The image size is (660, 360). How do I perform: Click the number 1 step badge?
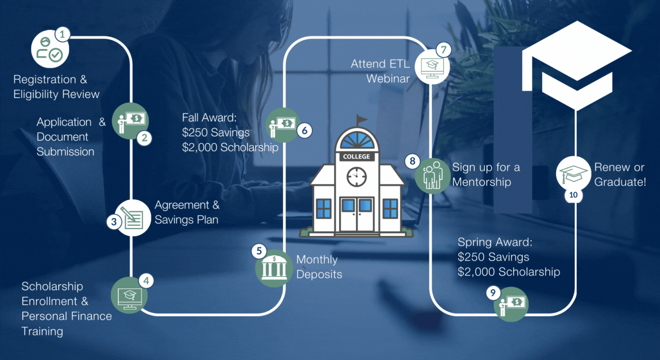62,34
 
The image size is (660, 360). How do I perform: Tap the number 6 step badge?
305,130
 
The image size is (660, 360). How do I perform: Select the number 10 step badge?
573,195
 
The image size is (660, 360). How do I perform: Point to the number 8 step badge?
412,161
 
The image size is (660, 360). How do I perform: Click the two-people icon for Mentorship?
433,175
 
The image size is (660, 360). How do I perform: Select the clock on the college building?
357,177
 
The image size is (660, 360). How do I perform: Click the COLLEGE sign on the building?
356,157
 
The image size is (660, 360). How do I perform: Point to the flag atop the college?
361,120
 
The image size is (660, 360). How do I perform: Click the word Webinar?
388,79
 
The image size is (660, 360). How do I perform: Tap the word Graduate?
620,182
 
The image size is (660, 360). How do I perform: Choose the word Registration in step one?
45,80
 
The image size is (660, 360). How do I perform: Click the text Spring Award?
495,242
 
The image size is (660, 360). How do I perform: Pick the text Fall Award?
209,118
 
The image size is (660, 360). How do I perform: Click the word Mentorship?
481,182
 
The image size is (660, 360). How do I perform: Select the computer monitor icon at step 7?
432,67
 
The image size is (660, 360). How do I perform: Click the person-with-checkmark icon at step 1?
49,50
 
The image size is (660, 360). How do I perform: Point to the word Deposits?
319,275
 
